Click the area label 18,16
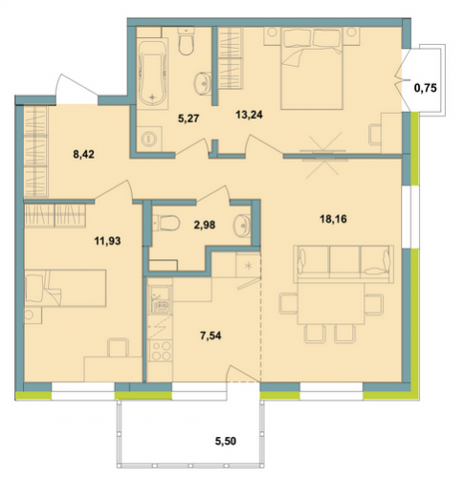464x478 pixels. pos(333,219)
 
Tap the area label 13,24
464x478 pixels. pos(249,115)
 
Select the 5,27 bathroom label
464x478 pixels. pos(188,119)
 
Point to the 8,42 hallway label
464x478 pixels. pos(83,155)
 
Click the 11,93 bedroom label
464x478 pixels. pos(107,241)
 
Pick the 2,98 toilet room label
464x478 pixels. pos(205,225)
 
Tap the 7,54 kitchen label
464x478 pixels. pos(210,336)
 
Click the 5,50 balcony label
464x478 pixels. pos(226,442)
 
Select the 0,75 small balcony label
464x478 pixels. pos(425,88)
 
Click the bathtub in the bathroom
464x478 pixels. pos(152,74)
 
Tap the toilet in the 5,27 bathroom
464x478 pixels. pos(186,41)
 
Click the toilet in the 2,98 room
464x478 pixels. pos(166,223)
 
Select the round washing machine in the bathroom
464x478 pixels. pos(149,139)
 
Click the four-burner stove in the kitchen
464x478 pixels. pos(160,351)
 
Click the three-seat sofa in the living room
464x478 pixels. pos(343,264)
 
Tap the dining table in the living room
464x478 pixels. pos(331,303)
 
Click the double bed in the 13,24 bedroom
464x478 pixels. pos(312,69)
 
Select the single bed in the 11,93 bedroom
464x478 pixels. pos(65,289)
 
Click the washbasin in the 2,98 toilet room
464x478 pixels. pos(242,226)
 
